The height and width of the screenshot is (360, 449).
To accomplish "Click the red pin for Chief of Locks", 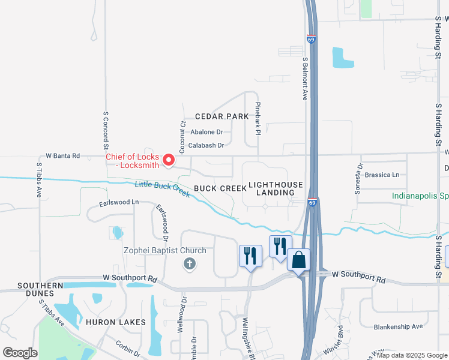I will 169,160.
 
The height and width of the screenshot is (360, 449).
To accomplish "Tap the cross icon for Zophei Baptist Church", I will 190,263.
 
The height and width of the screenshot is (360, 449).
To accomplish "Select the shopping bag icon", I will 298,260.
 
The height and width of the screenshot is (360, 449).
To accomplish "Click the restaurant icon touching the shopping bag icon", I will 280,246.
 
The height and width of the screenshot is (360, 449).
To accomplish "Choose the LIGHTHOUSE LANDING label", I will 276,188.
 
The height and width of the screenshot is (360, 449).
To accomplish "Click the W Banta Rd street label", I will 59,156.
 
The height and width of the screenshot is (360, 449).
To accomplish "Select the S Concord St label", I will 106,130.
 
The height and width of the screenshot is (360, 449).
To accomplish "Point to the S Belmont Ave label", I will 305,78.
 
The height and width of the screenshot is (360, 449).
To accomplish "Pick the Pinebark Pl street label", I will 258,118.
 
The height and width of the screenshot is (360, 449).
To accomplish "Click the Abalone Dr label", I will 206,132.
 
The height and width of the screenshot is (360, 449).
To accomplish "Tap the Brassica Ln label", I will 382,175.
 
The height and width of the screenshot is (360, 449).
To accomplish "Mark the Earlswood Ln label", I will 119,202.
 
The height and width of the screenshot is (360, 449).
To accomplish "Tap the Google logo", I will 20,353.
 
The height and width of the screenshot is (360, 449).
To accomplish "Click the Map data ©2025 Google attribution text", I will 412,355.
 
